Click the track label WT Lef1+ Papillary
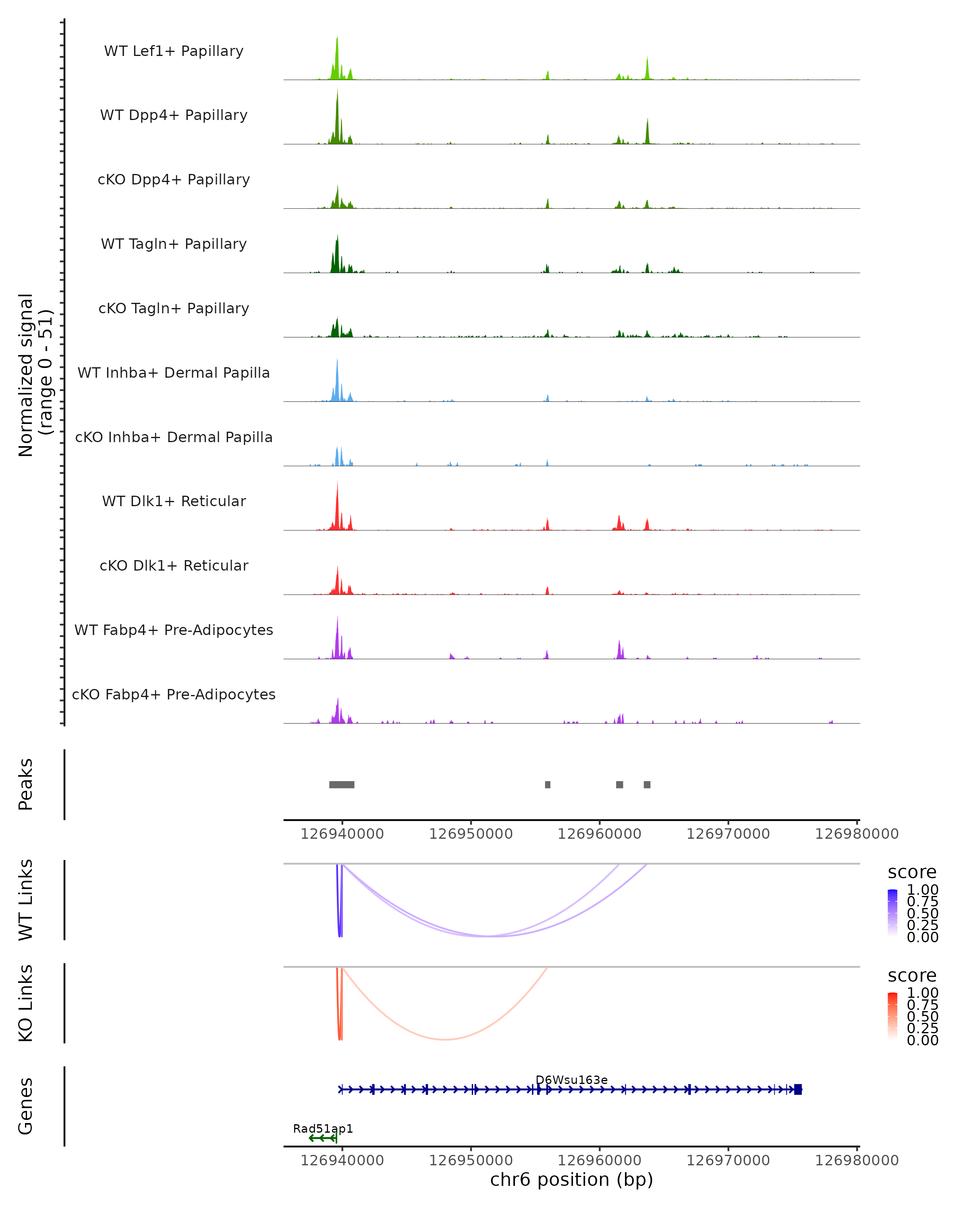click(x=174, y=51)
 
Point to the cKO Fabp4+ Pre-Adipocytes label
click(x=174, y=694)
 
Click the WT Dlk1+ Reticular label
click(x=174, y=501)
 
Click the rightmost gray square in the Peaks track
click(x=647, y=784)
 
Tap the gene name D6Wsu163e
click(x=571, y=1080)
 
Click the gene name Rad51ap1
click(x=323, y=1128)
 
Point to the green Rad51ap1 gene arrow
click(x=322, y=1138)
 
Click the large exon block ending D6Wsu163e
click(x=798, y=1089)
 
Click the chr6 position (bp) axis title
click(x=571, y=1179)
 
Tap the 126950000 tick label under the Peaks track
click(x=471, y=834)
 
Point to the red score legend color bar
click(x=892, y=1016)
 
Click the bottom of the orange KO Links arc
click(x=444, y=1039)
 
